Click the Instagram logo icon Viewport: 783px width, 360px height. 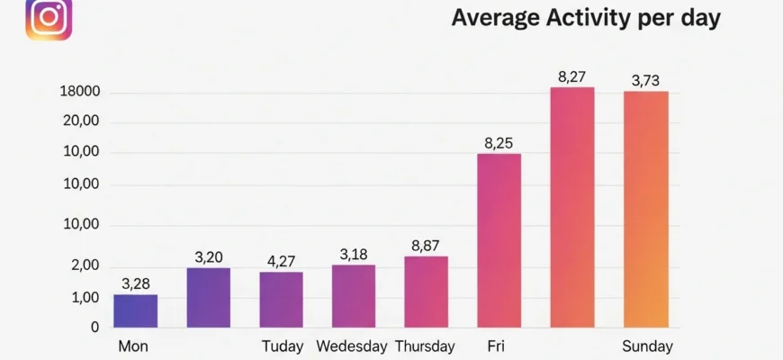pos(49,20)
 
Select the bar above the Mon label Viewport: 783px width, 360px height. pos(135,310)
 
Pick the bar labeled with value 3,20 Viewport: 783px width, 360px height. pos(208,297)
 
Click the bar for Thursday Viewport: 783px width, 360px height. pos(426,291)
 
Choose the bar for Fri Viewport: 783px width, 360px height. pos(499,240)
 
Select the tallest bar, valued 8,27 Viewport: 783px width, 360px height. pos(572,207)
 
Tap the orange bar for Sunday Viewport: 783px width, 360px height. pos(646,209)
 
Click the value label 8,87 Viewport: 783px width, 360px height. pos(426,246)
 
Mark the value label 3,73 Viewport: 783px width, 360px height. pos(646,81)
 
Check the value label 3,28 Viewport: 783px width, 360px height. pos(135,284)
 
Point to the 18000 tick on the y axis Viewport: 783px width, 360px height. pos(79,93)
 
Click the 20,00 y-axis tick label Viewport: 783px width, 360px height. pos(81,122)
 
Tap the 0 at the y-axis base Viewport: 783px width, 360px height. pos(94,328)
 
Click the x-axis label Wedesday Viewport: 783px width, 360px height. pos(352,346)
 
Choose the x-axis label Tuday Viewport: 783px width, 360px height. pos(283,346)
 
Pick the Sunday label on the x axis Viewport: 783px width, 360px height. pos(646,346)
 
